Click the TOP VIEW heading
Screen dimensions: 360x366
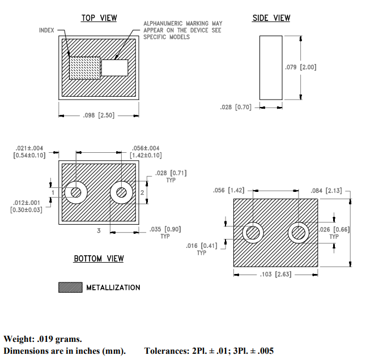[99, 18]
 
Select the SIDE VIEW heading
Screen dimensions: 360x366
[271, 18]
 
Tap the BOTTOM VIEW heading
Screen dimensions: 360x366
[99, 259]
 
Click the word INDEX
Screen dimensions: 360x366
[46, 29]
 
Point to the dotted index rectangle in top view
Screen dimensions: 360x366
[84, 68]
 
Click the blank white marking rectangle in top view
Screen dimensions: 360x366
[115, 68]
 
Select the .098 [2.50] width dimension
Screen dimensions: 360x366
[99, 115]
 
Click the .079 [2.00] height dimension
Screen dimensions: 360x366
[300, 67]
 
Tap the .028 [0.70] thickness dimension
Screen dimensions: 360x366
[236, 106]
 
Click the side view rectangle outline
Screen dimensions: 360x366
[271, 67]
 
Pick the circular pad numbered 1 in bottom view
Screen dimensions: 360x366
[75, 193]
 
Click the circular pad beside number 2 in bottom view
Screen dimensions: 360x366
[121, 193]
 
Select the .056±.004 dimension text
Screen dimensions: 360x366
[145, 148]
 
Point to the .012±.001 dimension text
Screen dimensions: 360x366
[27, 202]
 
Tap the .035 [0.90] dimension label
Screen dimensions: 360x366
[165, 229]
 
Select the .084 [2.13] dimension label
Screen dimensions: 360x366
[326, 190]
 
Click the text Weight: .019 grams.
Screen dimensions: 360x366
[43, 339]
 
